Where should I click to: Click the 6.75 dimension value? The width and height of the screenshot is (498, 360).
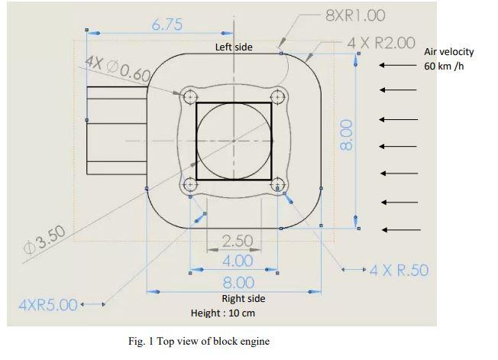pyautogui.click(x=167, y=24)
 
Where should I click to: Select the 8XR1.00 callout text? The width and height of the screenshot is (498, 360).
pyautogui.click(x=355, y=15)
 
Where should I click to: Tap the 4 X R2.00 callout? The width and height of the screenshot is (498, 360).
pyautogui.click(x=381, y=43)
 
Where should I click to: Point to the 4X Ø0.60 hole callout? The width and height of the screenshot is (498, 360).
pyautogui.click(x=118, y=69)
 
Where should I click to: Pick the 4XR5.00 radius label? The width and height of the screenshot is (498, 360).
pyautogui.click(x=47, y=305)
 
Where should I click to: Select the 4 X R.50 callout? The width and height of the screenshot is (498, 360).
pyautogui.click(x=399, y=270)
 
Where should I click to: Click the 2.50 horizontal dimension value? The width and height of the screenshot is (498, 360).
pyautogui.click(x=237, y=242)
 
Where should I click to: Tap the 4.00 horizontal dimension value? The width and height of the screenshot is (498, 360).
pyautogui.click(x=237, y=261)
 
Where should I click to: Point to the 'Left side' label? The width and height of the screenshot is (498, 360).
pyautogui.click(x=234, y=47)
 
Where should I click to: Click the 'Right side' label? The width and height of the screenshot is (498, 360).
pyautogui.click(x=244, y=298)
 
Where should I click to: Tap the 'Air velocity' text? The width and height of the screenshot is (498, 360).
pyautogui.click(x=448, y=52)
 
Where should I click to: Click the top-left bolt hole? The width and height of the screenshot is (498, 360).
pyautogui.click(x=190, y=96)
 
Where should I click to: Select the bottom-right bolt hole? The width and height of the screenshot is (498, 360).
pyautogui.click(x=279, y=185)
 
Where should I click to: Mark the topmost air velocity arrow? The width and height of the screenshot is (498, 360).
pyautogui.click(x=399, y=66)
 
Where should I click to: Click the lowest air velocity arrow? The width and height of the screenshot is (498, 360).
pyautogui.click(x=400, y=229)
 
